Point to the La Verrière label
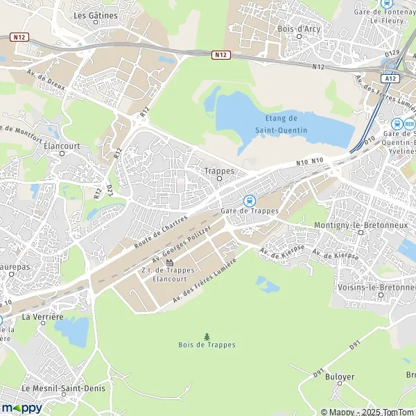pos(43,317)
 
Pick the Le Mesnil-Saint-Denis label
pos(63,388)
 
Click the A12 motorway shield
pos(391,78)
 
